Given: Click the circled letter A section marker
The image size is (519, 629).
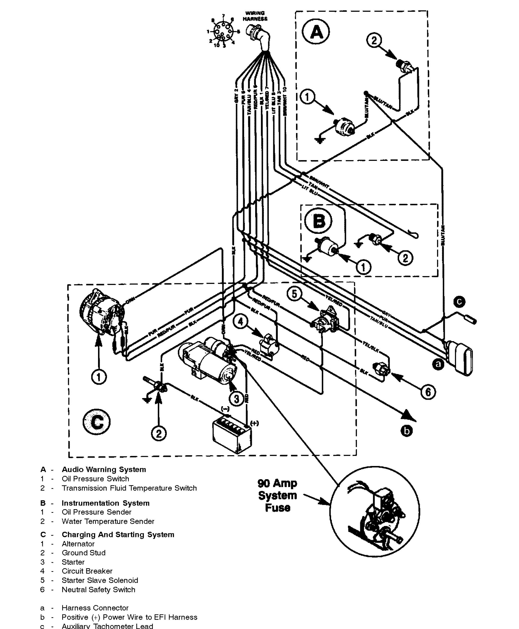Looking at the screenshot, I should coord(316,32).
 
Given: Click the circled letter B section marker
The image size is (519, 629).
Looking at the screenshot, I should coord(318,222).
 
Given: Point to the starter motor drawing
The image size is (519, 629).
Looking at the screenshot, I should coord(206,360).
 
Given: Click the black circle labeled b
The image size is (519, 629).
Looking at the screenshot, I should coord(407,431).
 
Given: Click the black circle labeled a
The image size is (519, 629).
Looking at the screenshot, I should coord(438,364).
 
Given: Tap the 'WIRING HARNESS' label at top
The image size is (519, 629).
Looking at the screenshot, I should coord(255,16).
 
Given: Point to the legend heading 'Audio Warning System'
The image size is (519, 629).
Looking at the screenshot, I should coord(104,470).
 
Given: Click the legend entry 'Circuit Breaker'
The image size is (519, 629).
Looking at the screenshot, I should coord(87,571).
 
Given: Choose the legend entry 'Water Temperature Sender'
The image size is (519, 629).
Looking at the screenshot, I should coord(108,521).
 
